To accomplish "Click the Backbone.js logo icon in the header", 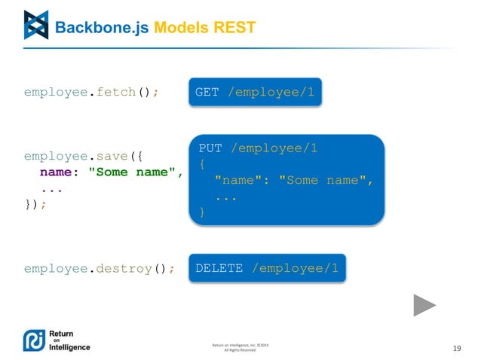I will [x=35, y=25].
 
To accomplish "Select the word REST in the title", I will [x=234, y=28].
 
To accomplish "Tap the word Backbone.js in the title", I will [x=103, y=28].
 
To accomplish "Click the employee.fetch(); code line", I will [x=91, y=92].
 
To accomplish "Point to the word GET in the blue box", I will [x=207, y=92].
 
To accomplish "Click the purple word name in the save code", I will [x=56, y=172].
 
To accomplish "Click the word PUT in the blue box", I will [x=211, y=148].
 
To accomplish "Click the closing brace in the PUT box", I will [x=201, y=213].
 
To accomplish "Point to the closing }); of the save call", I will [x=35, y=204].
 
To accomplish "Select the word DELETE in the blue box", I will [x=219, y=268].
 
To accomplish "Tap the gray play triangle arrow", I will [x=424, y=305].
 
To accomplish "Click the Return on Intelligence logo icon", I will [x=35, y=341].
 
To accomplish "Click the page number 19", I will [x=456, y=348].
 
